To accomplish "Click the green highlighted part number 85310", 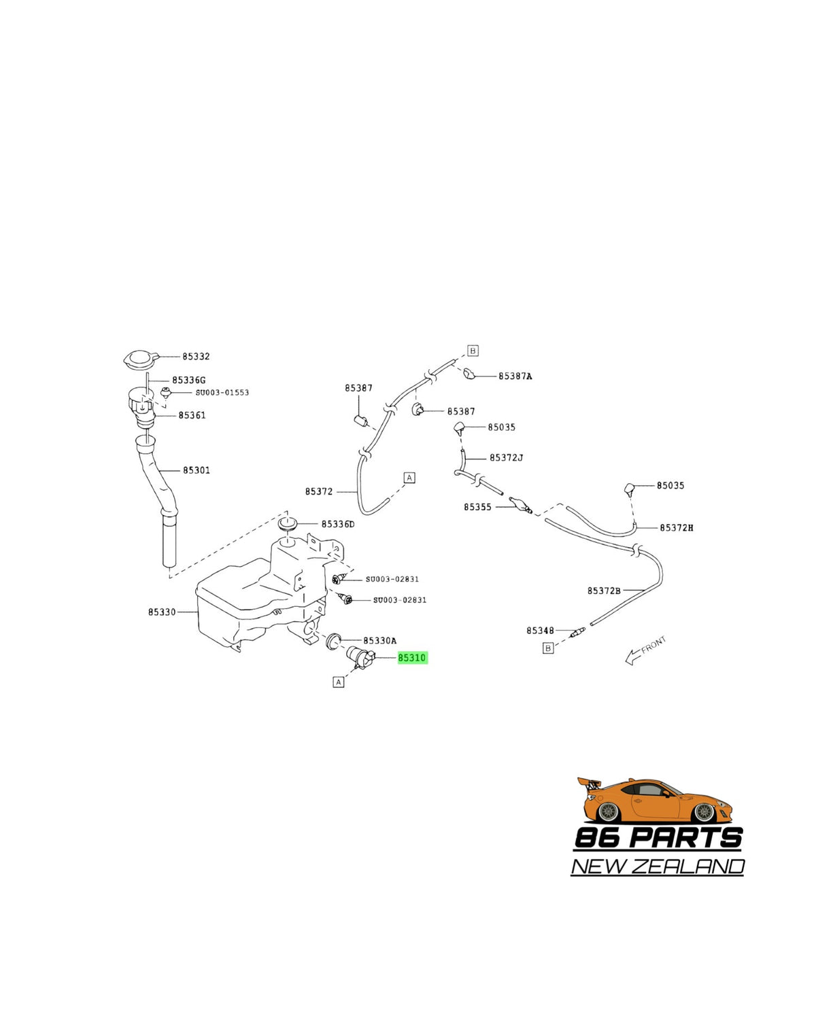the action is (x=412, y=658).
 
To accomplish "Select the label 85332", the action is (x=196, y=356).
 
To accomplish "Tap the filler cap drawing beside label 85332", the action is (x=141, y=359).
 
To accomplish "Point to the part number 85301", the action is (x=197, y=470).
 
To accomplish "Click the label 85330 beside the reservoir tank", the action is (x=162, y=612).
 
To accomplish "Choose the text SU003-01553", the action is (x=222, y=392).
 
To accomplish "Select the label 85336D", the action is (x=338, y=524).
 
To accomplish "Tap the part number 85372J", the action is (x=506, y=457).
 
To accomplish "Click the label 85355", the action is (x=477, y=507).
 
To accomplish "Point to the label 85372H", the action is (x=676, y=527).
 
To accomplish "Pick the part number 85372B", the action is (x=604, y=591).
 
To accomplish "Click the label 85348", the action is (x=540, y=630).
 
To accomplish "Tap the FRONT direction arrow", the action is (x=645, y=650).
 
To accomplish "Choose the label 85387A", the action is (x=515, y=376).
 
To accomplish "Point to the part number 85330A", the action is (x=380, y=640).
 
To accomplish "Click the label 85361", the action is (x=192, y=415).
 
